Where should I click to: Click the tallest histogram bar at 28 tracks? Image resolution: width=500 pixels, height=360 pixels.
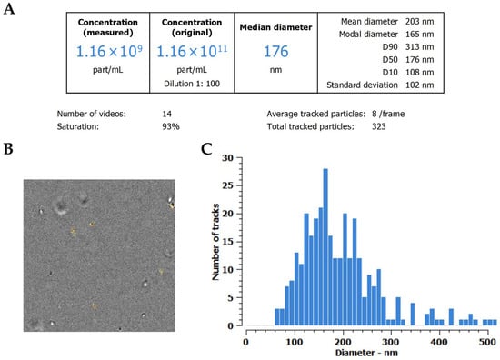pos(325,247)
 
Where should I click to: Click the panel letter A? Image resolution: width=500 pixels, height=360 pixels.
pos(9,8)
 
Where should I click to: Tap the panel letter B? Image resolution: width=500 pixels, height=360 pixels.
pos(8,148)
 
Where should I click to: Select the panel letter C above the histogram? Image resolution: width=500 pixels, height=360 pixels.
pos(206,148)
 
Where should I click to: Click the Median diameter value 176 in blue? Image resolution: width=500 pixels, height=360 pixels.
pos(275,51)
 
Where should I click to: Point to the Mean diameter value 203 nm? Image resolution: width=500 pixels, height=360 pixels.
pos(419,22)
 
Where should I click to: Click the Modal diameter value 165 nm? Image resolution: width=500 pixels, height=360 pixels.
pos(419,35)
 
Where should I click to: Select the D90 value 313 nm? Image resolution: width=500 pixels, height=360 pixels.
pos(419,47)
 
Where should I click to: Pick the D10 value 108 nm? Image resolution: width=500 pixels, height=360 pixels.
pos(419,73)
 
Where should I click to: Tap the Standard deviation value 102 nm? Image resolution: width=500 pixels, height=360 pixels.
pos(419,85)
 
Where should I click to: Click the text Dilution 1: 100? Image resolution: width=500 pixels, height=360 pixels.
pos(192,84)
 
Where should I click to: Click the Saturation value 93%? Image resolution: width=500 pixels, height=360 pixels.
pos(171,126)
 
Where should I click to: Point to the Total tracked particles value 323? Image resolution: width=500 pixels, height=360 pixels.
pos(379,126)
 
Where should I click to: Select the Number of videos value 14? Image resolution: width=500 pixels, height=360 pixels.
pos(166,114)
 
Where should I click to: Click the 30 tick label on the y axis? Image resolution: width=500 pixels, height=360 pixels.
pos(227,158)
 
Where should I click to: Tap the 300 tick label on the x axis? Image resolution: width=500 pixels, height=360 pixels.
pos(391,342)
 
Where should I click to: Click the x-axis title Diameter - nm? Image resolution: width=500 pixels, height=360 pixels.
pos(366,353)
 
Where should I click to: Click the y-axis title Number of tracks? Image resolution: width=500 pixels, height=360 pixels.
pos(215,242)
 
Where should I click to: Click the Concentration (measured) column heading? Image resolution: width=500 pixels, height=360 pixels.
pos(108,27)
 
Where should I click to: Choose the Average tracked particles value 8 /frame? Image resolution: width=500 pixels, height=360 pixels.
pos(388,114)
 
